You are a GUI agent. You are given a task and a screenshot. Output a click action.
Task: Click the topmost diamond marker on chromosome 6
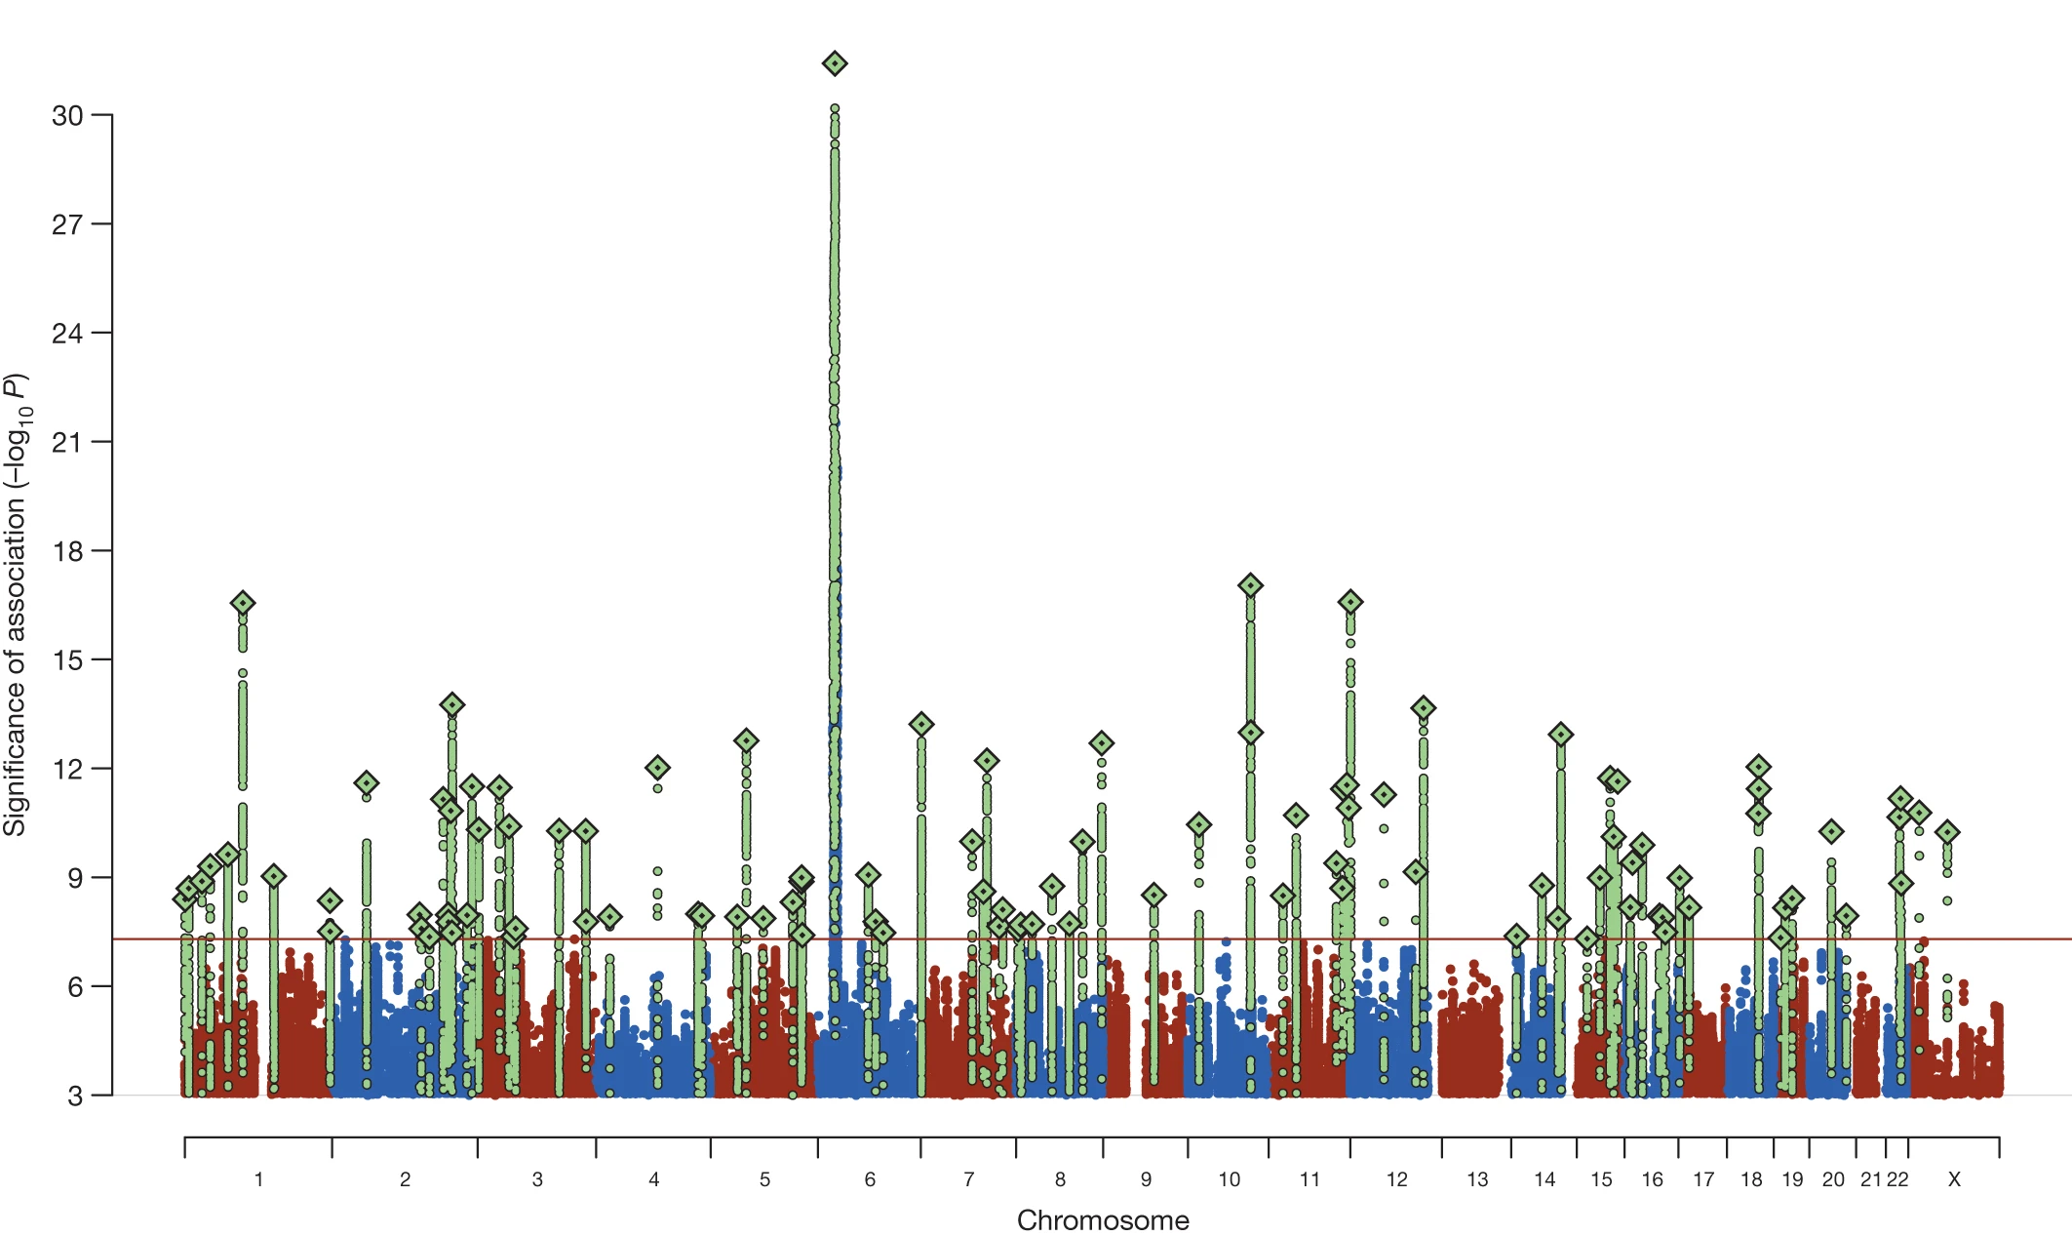pyautogui.click(x=835, y=64)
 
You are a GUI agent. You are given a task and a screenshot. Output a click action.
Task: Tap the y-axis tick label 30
pyautogui.click(x=67, y=116)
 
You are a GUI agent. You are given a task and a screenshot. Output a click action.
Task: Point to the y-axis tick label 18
pyautogui.click(x=67, y=551)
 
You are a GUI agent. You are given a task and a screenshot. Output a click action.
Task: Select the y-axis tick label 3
pyautogui.click(x=75, y=1096)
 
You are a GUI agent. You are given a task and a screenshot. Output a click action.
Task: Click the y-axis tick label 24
pyautogui.click(x=67, y=334)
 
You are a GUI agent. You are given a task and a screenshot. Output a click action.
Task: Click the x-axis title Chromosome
pyautogui.click(x=1103, y=1220)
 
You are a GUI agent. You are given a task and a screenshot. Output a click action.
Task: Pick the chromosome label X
pyautogui.click(x=1954, y=1179)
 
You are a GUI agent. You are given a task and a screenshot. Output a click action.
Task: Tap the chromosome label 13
pyautogui.click(x=1477, y=1179)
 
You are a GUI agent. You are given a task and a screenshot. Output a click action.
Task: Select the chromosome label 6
pyautogui.click(x=870, y=1179)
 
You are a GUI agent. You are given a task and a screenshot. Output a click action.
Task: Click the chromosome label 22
pyautogui.click(x=1897, y=1179)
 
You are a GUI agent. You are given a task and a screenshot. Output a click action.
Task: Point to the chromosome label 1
pyautogui.click(x=258, y=1179)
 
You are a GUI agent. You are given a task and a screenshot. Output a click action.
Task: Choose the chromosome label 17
pyautogui.click(x=1703, y=1179)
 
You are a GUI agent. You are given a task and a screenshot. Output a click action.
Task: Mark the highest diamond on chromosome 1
pyautogui.click(x=243, y=603)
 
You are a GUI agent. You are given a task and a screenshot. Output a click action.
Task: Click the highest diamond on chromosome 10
pyautogui.click(x=1251, y=585)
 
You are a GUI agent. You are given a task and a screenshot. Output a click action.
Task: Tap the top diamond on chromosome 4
pyautogui.click(x=657, y=768)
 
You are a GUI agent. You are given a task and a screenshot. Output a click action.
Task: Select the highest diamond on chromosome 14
pyautogui.click(x=1561, y=734)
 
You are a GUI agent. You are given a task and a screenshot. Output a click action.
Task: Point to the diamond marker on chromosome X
pyautogui.click(x=1947, y=832)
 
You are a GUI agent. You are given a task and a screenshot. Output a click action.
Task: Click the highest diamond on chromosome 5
pyautogui.click(x=746, y=740)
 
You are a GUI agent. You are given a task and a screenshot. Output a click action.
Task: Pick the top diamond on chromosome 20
pyautogui.click(x=1831, y=832)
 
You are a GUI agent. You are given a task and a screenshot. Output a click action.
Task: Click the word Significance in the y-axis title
pyautogui.click(x=15, y=771)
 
